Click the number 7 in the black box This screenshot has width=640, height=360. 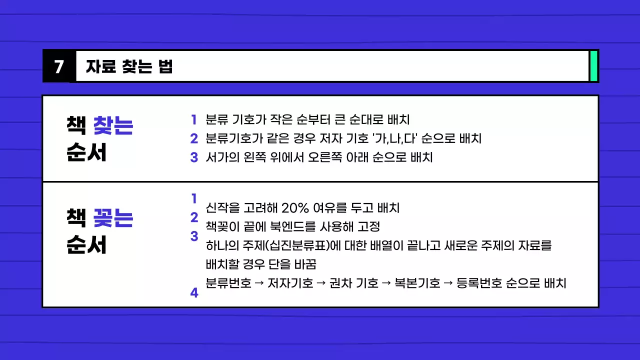click(59, 66)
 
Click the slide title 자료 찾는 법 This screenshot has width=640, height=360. click(129, 66)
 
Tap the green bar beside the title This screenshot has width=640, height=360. click(594, 66)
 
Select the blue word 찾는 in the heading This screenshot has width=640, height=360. click(113, 125)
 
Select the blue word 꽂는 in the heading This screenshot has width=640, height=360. click(113, 218)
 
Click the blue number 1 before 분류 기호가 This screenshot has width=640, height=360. click(193, 120)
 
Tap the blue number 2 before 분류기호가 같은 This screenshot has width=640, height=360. click(194, 138)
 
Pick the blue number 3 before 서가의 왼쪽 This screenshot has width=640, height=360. click(194, 157)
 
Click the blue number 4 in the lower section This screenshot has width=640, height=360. click(194, 293)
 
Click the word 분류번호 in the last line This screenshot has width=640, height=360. click(228, 283)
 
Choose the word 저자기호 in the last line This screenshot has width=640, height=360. click(290, 283)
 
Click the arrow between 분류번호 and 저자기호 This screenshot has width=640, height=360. click(259, 283)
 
